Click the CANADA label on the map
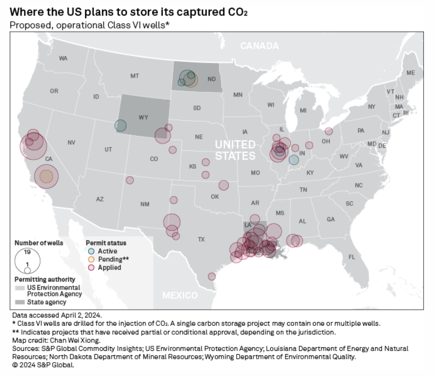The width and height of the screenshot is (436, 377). (259, 46)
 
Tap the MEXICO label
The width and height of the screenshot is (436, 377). (180, 295)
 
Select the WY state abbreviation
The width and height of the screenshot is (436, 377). (143, 117)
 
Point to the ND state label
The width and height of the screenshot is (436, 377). (211, 79)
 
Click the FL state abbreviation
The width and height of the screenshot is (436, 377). (351, 257)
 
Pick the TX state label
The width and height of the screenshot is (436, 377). (201, 239)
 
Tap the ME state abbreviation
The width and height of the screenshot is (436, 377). (411, 73)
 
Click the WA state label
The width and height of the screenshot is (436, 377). (63, 58)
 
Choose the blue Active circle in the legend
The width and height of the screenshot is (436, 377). (91, 251)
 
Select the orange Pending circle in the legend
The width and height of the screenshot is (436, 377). (91, 259)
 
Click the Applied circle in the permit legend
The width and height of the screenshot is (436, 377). (91, 268)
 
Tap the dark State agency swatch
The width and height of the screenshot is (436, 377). (20, 302)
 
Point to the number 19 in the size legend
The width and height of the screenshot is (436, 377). (27, 252)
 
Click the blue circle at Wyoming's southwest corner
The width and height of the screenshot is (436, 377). (120, 126)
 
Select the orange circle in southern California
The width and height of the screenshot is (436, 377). (47, 176)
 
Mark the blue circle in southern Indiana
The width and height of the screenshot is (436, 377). (294, 160)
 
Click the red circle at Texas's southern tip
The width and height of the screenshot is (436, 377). (212, 277)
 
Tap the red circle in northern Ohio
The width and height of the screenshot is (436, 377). (329, 131)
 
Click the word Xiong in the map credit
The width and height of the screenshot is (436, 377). (91, 340)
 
